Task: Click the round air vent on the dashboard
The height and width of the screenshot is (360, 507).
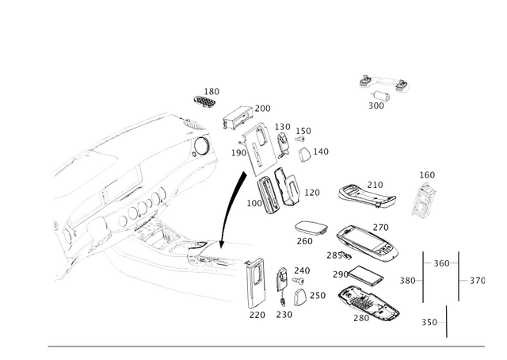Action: pyautogui.click(x=199, y=143)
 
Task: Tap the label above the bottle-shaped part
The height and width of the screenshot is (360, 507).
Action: pyautogui.click(x=428, y=172)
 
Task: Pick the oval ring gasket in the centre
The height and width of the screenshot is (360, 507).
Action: pyautogui.click(x=311, y=226)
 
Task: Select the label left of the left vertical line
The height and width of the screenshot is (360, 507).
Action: pyautogui.click(x=408, y=280)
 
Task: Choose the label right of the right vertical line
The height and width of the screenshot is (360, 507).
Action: pyautogui.click(x=478, y=280)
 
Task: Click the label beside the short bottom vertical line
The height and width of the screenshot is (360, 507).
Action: pyautogui.click(x=430, y=321)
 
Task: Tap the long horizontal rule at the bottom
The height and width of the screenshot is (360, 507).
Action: pyautogui.click(x=269, y=347)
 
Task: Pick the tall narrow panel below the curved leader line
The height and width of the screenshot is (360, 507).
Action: pyautogui.click(x=255, y=283)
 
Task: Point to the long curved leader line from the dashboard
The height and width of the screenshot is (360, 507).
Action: pyautogui.click(x=230, y=206)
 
